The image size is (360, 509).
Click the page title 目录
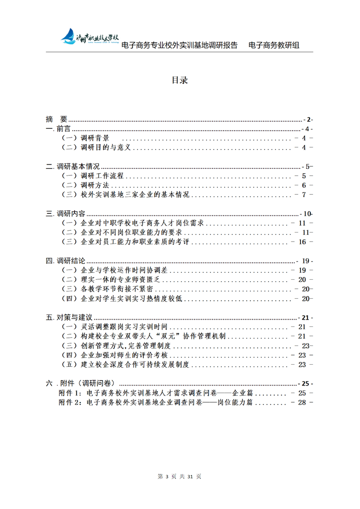pos(179,80)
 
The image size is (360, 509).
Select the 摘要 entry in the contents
pos(57,119)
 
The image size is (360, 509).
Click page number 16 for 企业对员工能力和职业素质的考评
pos(303,242)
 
